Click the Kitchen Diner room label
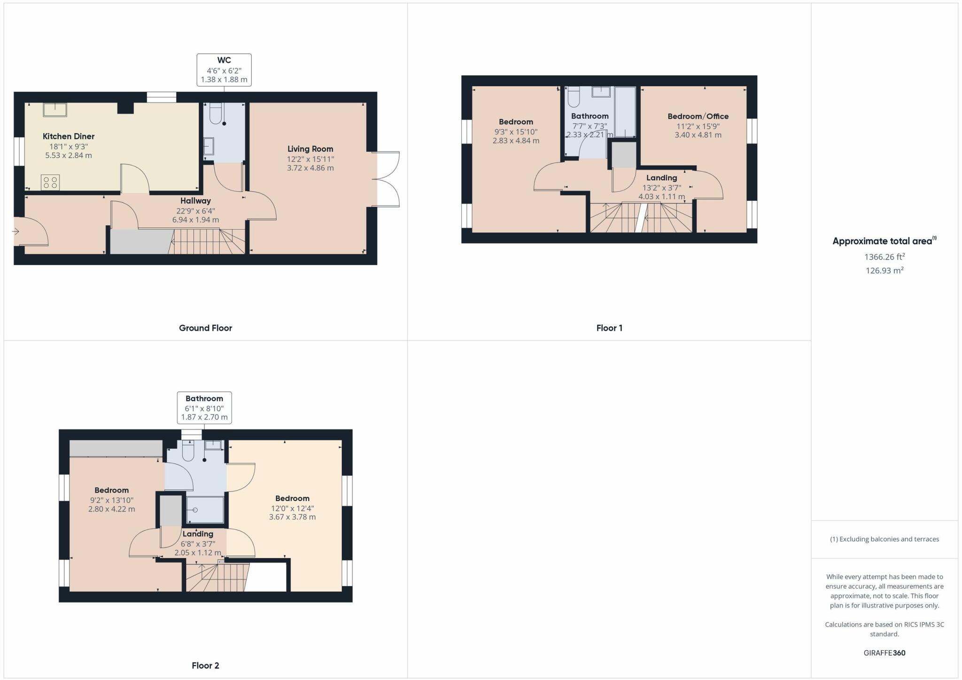click(69, 136)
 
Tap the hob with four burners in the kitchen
click(50, 182)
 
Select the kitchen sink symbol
click(55, 110)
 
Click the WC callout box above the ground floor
click(224, 70)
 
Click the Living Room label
click(310, 149)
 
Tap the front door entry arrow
click(16, 231)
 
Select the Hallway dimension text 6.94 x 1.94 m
click(195, 220)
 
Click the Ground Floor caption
click(205, 328)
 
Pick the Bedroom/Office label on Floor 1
click(698, 116)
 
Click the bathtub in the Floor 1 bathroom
click(625, 112)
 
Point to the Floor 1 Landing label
click(661, 178)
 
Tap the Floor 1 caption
click(609, 328)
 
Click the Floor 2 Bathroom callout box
click(204, 408)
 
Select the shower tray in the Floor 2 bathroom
click(205, 510)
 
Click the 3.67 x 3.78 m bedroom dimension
click(292, 517)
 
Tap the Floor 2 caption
click(205, 665)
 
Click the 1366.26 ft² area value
click(884, 257)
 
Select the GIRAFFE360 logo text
click(884, 653)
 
